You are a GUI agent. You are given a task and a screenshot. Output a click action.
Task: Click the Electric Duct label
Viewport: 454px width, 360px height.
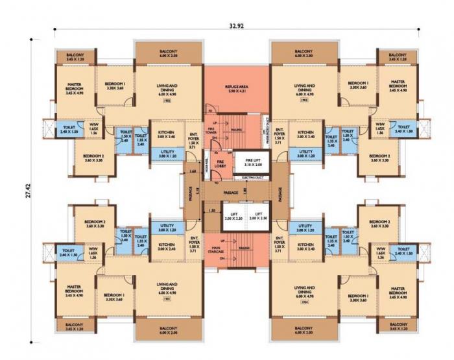(x=251, y=176)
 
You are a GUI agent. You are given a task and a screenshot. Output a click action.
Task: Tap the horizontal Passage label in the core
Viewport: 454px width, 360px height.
(x=231, y=193)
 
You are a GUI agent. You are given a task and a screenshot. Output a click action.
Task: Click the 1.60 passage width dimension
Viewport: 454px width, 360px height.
(x=193, y=171)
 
